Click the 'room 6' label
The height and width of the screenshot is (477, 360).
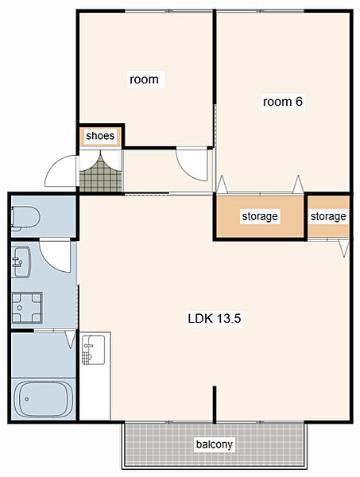click(282, 102)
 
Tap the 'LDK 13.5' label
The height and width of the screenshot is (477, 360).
click(215, 319)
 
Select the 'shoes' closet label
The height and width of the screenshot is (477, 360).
click(100, 136)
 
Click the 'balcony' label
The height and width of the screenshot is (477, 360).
click(215, 444)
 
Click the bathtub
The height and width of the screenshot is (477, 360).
click(44, 399)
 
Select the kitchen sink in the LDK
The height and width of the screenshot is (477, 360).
click(93, 350)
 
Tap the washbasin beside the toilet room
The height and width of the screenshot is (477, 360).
click(21, 262)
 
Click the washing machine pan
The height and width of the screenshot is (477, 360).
click(27, 308)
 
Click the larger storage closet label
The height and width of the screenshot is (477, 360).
click(260, 216)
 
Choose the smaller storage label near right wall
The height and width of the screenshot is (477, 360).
click(328, 216)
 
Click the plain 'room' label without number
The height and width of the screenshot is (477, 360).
click(144, 79)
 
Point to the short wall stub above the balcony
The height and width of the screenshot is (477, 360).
click(215, 405)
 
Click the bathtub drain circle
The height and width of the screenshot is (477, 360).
click(27, 399)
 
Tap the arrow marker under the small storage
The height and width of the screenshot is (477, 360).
click(344, 248)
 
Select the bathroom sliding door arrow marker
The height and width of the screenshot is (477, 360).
click(71, 339)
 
